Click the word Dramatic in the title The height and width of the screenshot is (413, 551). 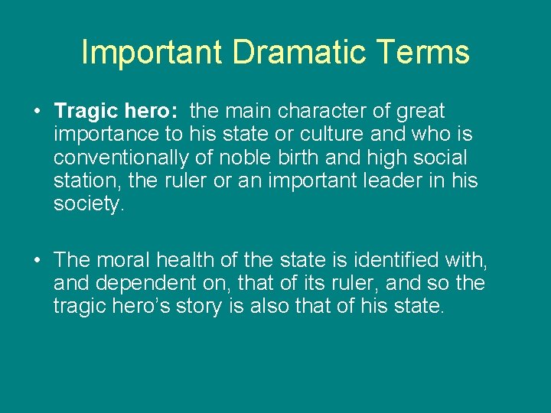tap(291, 52)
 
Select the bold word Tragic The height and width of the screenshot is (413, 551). tap(86, 112)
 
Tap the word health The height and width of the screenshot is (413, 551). tap(190, 260)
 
